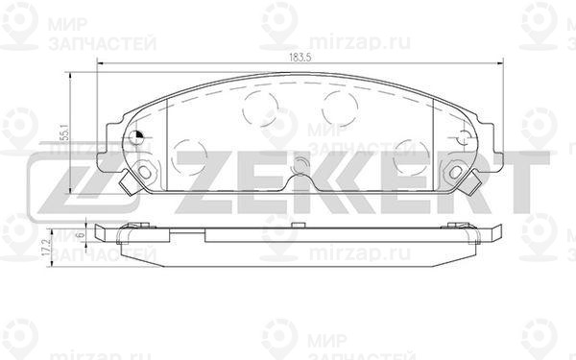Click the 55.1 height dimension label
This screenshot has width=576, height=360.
click(65, 133)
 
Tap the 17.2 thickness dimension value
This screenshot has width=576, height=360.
click(46, 248)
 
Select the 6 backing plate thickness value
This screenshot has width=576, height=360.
click(82, 234)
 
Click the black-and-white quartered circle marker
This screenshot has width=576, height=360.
click(136, 137)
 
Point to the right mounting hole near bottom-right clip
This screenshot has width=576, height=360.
click(455, 172)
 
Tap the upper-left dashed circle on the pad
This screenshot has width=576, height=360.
click(260, 108)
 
